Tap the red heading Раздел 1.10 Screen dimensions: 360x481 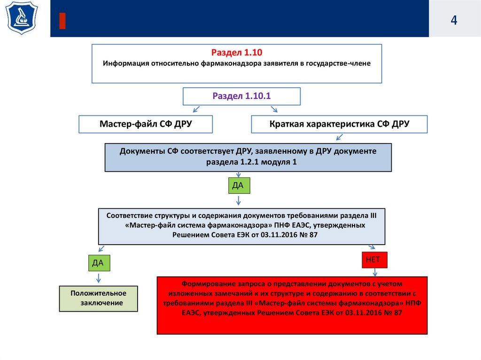[x=236, y=53]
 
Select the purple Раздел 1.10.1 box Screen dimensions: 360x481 [x=241, y=97]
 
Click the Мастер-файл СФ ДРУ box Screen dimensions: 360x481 [x=146, y=124]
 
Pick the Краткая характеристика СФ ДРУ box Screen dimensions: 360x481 [x=339, y=124]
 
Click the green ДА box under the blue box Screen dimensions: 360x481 [x=238, y=185]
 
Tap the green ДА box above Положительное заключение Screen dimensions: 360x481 [x=98, y=263]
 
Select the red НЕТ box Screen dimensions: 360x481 [x=374, y=259]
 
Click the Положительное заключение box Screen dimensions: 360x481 [x=99, y=298]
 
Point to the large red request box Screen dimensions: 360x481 [x=292, y=305]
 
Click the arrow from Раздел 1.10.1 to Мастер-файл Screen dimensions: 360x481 [x=196, y=110]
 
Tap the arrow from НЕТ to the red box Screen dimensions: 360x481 [x=375, y=272]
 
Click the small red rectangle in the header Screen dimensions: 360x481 [x=62, y=21]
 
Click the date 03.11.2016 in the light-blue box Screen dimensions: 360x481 [x=286, y=234]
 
